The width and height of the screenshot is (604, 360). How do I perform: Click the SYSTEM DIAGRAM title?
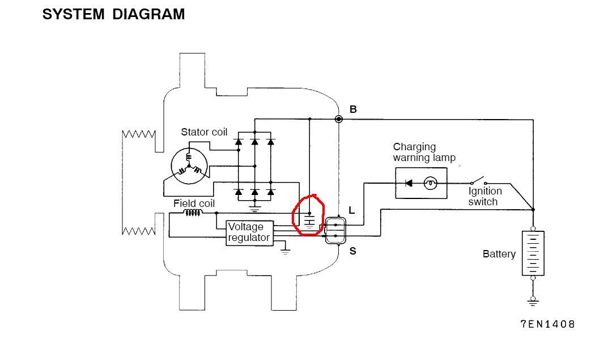[114, 14]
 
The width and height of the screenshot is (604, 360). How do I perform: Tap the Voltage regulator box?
[250, 233]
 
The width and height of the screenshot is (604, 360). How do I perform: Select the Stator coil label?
[204, 132]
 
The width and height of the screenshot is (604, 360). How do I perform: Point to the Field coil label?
[194, 203]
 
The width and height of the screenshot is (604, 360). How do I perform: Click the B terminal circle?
[339, 119]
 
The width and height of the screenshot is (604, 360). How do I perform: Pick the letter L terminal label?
[352, 210]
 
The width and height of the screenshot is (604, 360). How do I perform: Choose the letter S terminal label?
[353, 251]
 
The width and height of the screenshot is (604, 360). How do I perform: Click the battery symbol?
[533, 253]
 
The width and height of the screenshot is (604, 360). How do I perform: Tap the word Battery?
[499, 253]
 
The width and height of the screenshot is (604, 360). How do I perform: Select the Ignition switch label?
[485, 196]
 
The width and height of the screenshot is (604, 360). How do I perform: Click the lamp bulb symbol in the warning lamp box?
[430, 183]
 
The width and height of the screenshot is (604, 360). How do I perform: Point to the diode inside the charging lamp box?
[409, 183]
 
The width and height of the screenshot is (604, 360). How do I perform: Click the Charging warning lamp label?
[424, 153]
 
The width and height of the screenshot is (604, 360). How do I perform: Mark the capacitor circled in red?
[309, 221]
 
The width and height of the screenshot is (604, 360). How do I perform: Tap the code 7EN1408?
[547, 324]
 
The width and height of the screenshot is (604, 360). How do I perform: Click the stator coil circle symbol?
[189, 166]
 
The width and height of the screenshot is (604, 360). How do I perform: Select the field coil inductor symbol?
[193, 213]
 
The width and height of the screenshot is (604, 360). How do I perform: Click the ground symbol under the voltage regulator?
[285, 251]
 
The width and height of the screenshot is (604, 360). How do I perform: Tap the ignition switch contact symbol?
[478, 181]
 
